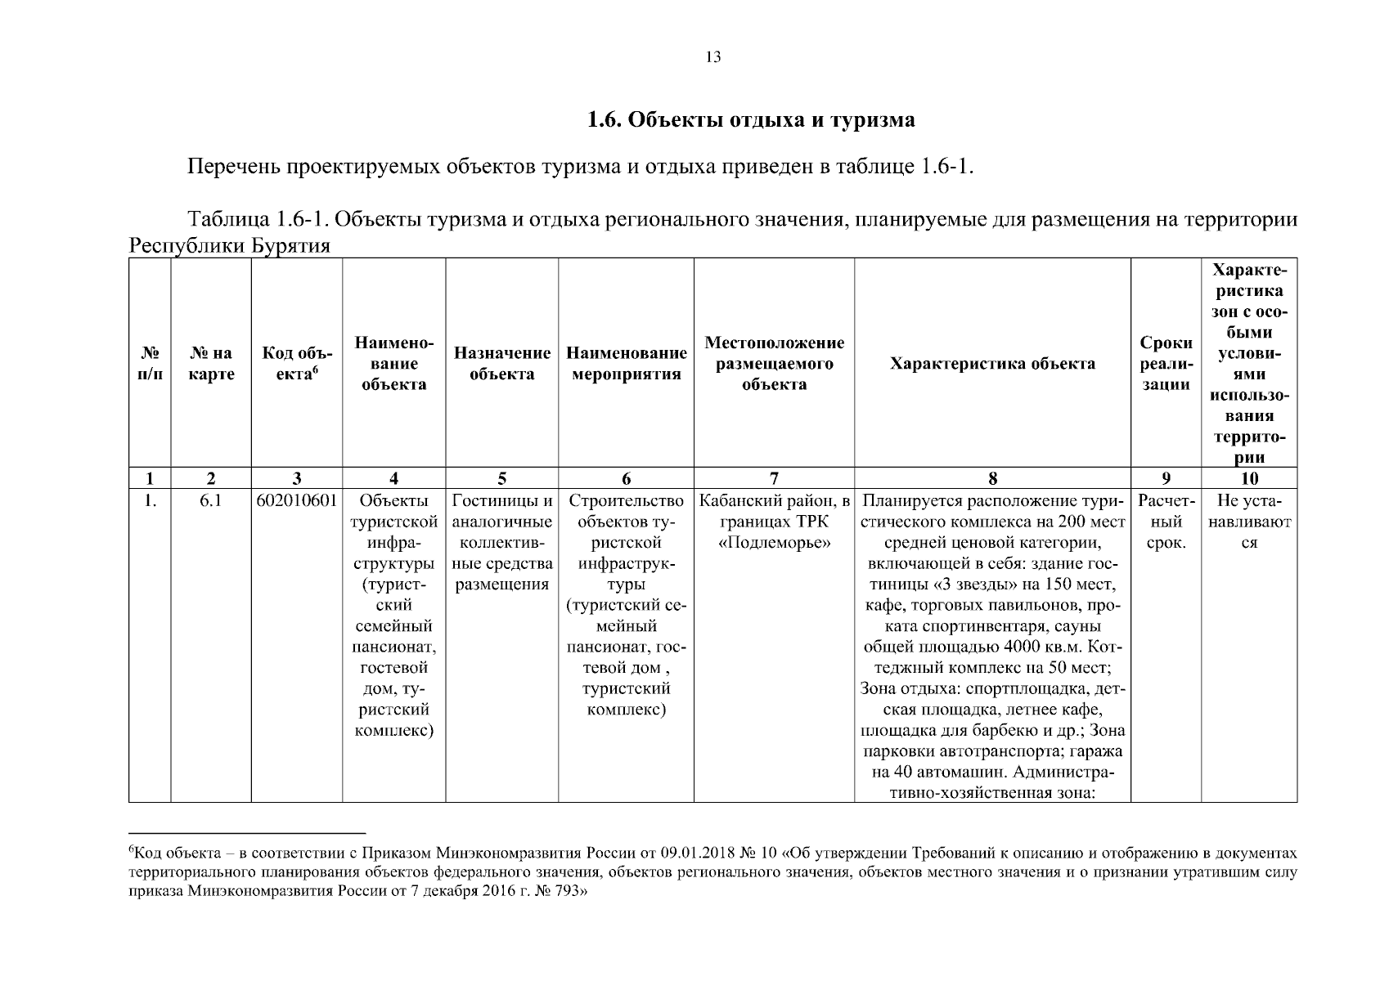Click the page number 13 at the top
(x=712, y=57)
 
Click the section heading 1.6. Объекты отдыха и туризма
(x=750, y=120)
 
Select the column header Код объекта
(x=296, y=364)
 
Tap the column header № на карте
(x=211, y=364)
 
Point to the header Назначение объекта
(x=501, y=364)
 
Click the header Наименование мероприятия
(x=626, y=364)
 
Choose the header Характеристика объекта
(x=992, y=364)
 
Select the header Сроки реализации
(x=1166, y=364)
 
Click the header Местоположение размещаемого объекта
(x=774, y=364)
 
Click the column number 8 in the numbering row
(x=992, y=479)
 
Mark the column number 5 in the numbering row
(x=501, y=479)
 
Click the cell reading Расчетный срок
(x=1166, y=522)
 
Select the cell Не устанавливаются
(x=1249, y=522)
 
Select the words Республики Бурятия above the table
(x=230, y=246)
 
